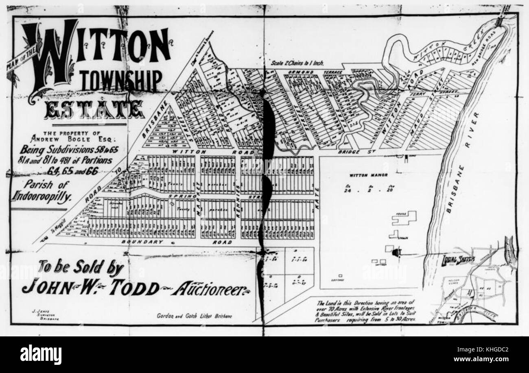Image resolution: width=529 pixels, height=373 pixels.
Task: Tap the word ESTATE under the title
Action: point(94,109)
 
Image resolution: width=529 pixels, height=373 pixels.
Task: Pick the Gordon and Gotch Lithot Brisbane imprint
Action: point(194,316)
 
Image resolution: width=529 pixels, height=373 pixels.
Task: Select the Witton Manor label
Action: point(368,175)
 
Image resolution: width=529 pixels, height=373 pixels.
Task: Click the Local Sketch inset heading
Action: point(458,260)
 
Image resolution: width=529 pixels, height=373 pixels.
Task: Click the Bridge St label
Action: point(353,152)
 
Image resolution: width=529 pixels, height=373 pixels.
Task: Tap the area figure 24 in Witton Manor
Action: point(347,190)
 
